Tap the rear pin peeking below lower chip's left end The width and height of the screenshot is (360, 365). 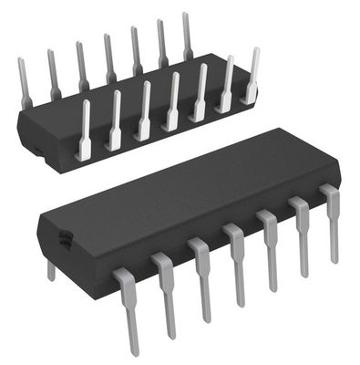pyautogui.click(x=51, y=270)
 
